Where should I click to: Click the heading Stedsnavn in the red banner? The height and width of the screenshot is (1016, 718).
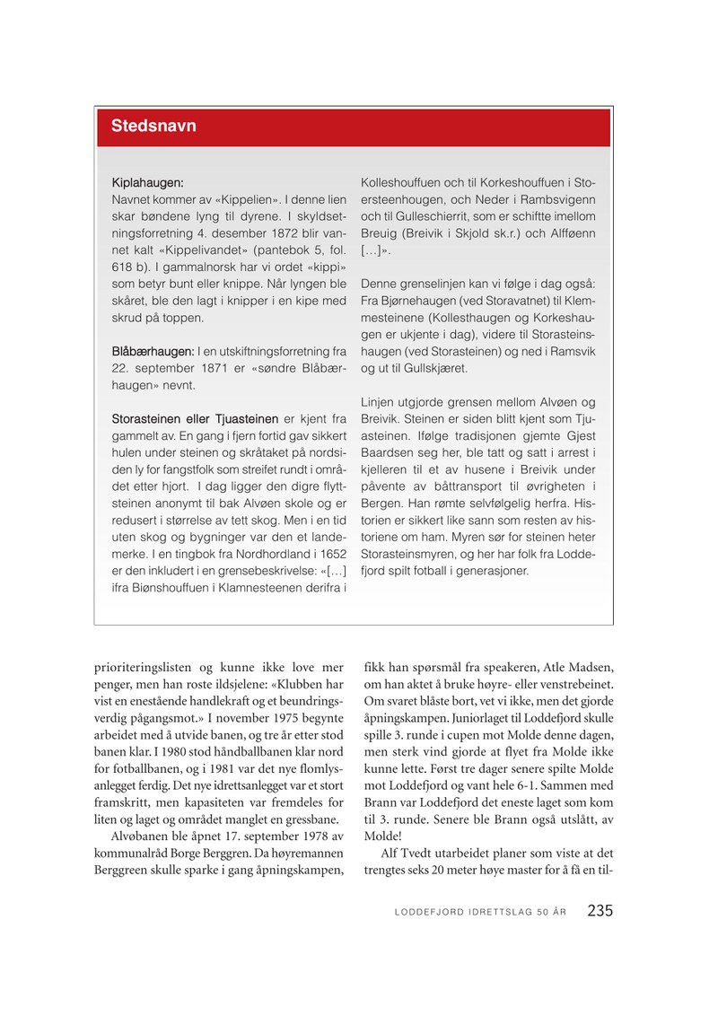click(x=153, y=127)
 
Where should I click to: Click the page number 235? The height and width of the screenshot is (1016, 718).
click(x=600, y=910)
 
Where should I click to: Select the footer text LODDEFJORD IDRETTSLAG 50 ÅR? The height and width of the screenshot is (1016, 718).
click(x=480, y=912)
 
